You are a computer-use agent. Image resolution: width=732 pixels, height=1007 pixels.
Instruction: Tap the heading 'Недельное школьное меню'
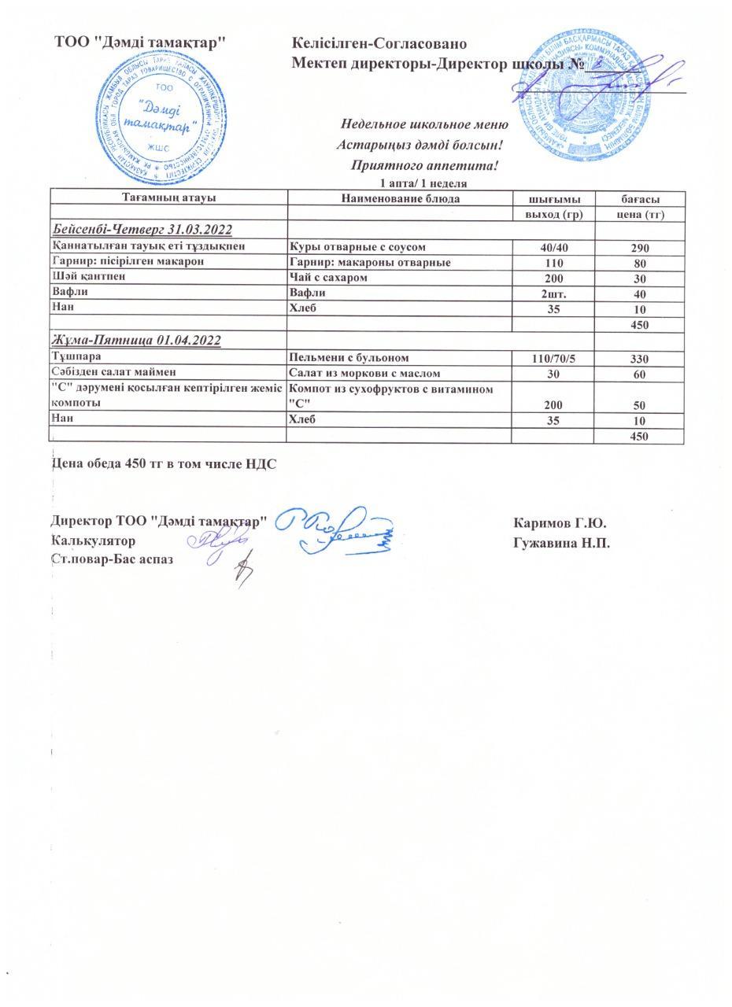tap(423, 124)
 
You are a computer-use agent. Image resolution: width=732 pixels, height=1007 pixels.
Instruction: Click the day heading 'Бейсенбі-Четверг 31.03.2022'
tap(142, 230)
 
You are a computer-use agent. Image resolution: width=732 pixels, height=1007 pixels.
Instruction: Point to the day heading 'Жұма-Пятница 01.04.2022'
tap(136, 341)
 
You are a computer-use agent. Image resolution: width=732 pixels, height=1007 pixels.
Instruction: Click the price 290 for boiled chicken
tap(639, 248)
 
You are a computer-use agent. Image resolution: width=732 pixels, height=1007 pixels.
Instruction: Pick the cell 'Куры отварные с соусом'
tap(358, 247)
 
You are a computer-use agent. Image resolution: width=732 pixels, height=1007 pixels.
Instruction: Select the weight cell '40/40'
tap(553, 248)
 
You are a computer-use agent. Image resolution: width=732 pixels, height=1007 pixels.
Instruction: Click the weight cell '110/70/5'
tap(553, 359)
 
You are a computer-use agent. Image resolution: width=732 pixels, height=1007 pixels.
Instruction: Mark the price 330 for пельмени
tap(639, 359)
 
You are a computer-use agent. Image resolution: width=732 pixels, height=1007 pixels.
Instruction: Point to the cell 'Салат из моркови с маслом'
tap(365, 374)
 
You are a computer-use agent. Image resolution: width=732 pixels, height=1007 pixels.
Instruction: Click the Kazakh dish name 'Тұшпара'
tap(76, 357)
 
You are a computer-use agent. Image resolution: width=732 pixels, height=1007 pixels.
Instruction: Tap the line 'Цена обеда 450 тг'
tap(164, 464)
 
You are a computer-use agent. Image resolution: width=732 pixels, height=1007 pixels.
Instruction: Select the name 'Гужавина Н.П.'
tap(561, 543)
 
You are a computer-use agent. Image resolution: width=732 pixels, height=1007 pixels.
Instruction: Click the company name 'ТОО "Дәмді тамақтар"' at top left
tap(141, 42)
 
